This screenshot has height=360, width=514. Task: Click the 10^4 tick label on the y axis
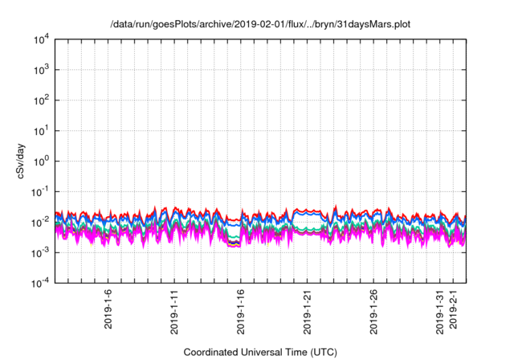tap(42, 39)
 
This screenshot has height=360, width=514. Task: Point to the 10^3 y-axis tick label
tap(42, 70)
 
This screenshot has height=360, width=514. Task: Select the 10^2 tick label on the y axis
tap(42, 100)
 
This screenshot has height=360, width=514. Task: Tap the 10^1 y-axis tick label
tap(42, 130)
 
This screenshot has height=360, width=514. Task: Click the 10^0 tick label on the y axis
tap(42, 161)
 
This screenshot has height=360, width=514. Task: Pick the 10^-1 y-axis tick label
tap(41, 191)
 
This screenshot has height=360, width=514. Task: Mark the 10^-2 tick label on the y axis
tap(41, 222)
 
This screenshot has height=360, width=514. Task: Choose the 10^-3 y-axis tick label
tap(41, 252)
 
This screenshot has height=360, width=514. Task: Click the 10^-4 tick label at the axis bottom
tap(41, 283)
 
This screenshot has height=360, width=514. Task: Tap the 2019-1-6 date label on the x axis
tap(108, 309)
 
